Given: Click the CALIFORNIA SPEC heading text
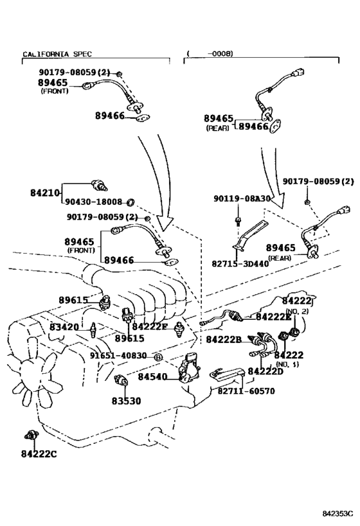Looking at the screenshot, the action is point(57,54).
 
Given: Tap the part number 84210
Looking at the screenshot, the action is point(45,193).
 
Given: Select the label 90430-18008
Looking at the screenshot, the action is point(93,202).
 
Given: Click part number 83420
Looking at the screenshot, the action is point(64,327).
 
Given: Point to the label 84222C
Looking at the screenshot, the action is point(39,454).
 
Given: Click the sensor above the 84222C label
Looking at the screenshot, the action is point(32,435).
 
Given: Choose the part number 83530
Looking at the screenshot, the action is point(126,401).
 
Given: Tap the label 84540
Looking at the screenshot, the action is point(152,377).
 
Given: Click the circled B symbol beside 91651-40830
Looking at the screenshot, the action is point(158,357).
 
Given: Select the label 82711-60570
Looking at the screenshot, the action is point(246,391).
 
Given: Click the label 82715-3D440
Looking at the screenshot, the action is point(240,264).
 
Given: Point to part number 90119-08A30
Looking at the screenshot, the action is point(242,198).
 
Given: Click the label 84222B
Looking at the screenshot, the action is point(224,340).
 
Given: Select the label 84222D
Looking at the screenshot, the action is point(265,371).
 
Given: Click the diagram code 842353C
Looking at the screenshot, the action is point(338,514).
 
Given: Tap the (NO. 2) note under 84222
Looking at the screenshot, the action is point(296,311).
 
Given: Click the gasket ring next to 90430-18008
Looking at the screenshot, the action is point(130,202).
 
